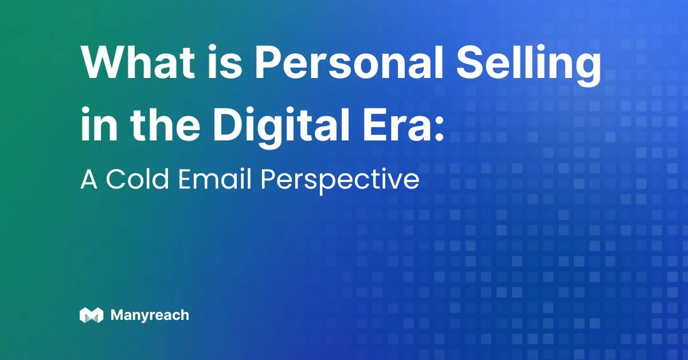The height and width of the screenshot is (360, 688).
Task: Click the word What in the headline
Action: coord(138,62)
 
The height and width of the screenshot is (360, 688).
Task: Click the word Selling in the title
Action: coord(529,65)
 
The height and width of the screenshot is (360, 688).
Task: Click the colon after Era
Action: coord(439,128)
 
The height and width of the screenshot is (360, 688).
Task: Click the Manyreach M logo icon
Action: coord(91,315)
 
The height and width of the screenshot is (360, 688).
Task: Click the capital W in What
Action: coord(106,62)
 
